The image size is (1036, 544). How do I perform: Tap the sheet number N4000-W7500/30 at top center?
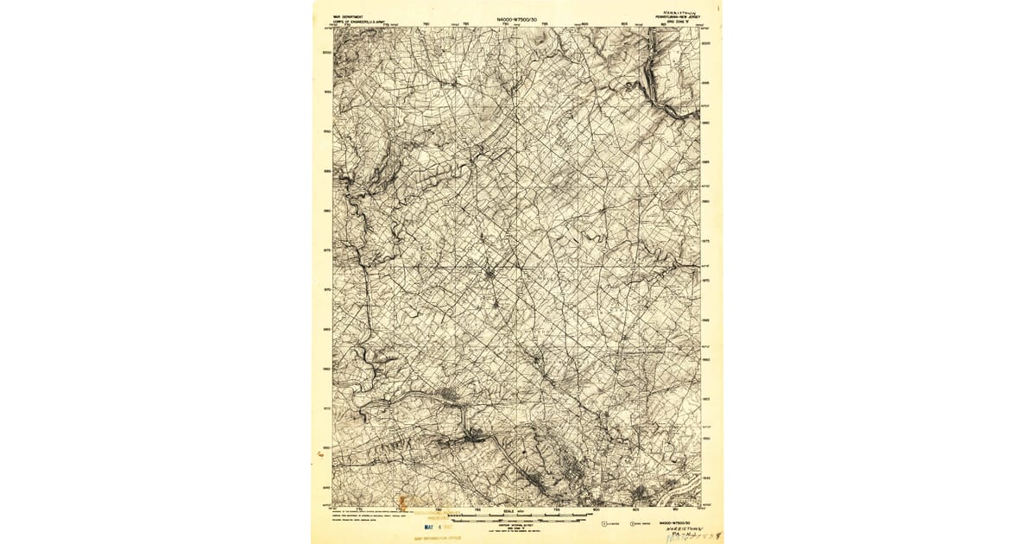(517, 19)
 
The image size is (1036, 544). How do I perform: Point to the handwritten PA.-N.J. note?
(686, 537)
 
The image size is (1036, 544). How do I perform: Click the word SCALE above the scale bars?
(507, 510)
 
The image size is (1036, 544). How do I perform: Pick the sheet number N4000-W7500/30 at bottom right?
(678, 522)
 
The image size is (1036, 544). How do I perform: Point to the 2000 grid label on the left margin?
(326, 53)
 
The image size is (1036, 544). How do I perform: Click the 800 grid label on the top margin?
(584, 24)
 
